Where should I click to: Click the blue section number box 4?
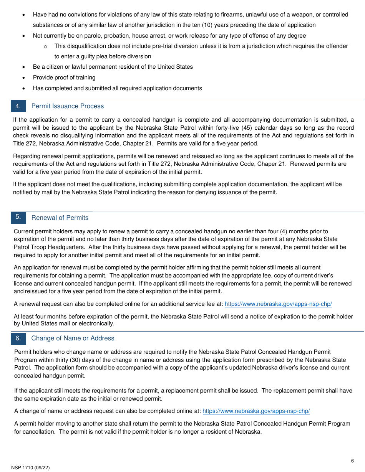(18, 106)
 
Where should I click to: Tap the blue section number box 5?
(18, 218)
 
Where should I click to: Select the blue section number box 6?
(18, 338)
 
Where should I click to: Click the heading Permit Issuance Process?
(67, 106)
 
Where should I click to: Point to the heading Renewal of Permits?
(60, 218)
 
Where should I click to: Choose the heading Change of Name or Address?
(73, 338)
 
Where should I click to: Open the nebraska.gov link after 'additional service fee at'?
(278, 304)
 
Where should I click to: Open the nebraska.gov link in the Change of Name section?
(256, 411)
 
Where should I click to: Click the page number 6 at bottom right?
(352, 461)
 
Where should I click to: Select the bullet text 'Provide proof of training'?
(64, 78)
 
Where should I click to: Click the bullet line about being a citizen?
(113, 67)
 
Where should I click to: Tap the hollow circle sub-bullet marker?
(45, 46)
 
